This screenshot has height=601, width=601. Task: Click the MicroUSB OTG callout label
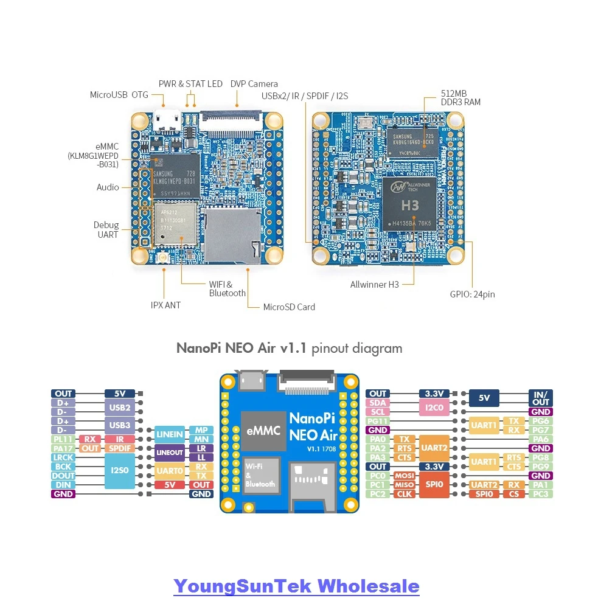coord(119,95)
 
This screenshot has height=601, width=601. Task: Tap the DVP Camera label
coord(254,84)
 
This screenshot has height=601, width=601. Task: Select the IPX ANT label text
coord(165,305)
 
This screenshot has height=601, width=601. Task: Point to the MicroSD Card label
coord(289,307)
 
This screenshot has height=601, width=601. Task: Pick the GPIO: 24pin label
coord(472,294)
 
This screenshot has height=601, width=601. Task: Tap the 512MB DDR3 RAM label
coord(460,98)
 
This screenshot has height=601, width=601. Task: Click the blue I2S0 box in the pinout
coord(120,471)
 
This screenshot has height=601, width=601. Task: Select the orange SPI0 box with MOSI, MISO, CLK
coord(434,485)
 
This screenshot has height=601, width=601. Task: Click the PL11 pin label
coord(63,439)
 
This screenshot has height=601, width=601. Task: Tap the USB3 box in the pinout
coord(120,425)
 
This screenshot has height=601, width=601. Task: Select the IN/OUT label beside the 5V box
coord(540,398)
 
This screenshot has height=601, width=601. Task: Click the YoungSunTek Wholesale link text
coord(296,586)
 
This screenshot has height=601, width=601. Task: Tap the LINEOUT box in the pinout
coord(170,453)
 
